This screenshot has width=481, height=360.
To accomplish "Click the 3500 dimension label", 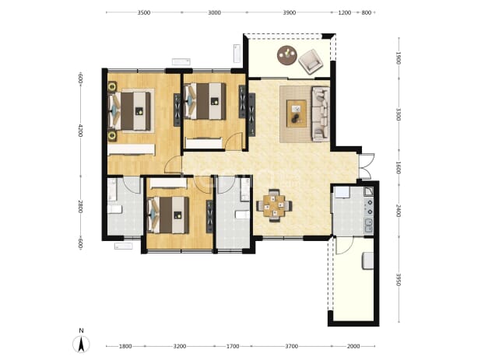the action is tap(144, 12).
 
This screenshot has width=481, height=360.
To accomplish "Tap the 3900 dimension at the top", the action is tap(290, 12).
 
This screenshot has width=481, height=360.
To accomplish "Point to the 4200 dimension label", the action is tap(80, 131).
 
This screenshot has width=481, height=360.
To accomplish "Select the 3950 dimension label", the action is tap(398, 280).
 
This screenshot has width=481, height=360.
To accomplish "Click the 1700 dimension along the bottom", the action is tap(233, 346).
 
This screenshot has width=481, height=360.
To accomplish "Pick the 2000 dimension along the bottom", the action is tap(353, 346).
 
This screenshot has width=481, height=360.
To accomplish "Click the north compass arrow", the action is tap(81, 344).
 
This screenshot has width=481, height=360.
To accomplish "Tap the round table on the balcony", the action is tap(287, 55).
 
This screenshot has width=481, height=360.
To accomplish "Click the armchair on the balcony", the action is tap(311, 61).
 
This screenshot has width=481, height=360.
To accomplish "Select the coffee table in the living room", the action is tap(297, 114).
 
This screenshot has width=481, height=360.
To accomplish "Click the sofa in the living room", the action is tap(321, 114).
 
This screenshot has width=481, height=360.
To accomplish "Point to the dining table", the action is tap(274, 206).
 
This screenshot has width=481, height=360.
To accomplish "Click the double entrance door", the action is tap(367, 166).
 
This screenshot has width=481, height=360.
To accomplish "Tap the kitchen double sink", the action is tap(368, 225).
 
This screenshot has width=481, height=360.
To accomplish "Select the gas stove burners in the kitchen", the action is tap(370, 207).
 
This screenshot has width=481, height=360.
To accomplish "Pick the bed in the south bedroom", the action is tap(168, 215).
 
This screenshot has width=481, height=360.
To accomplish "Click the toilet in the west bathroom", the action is tap(114, 209).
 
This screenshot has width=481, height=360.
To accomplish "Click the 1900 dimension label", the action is tap(398, 58).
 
